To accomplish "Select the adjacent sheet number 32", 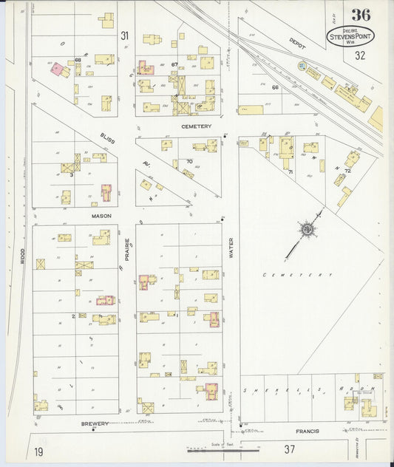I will click(x=360, y=55).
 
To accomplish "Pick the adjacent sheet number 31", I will click(x=124, y=35).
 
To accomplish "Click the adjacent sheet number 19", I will click(x=37, y=450).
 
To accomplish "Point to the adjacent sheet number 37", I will click(x=290, y=449).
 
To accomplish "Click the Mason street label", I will click(x=101, y=217).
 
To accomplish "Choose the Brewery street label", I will click(x=95, y=423).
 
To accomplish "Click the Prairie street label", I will click(x=127, y=248).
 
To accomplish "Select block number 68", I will click(x=78, y=59).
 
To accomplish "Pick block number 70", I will click(x=189, y=161).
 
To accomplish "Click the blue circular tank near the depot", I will click(x=302, y=67).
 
